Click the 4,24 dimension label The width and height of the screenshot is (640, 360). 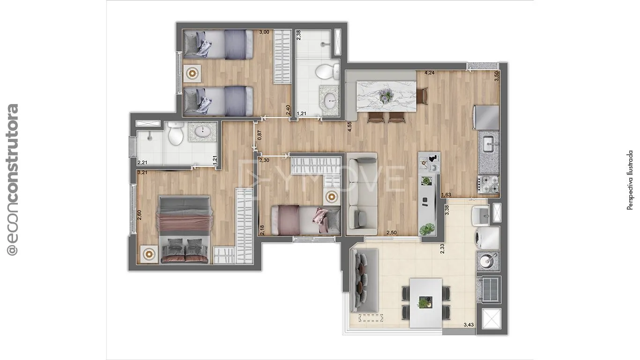coord(430,73)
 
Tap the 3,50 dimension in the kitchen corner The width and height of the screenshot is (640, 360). coord(497,76)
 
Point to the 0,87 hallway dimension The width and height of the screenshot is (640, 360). coord(260,135)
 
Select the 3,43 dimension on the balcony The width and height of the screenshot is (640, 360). coord(469,324)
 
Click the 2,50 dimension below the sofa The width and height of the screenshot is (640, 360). coord(391,232)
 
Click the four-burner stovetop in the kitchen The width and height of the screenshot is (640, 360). coord(488,184)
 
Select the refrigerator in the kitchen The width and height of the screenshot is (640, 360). coord(486,117)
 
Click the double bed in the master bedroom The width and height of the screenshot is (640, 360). coord(184,229)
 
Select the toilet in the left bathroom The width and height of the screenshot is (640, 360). coord(175,133)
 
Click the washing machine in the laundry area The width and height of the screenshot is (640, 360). coord(487,238)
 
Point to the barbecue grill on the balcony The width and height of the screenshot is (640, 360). coord(489,289)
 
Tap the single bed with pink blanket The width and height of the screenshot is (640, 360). coord(305,220)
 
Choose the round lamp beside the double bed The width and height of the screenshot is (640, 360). coord(149,254)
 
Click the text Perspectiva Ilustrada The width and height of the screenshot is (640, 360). coord(630,180)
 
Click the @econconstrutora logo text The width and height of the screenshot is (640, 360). coord(13,180)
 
